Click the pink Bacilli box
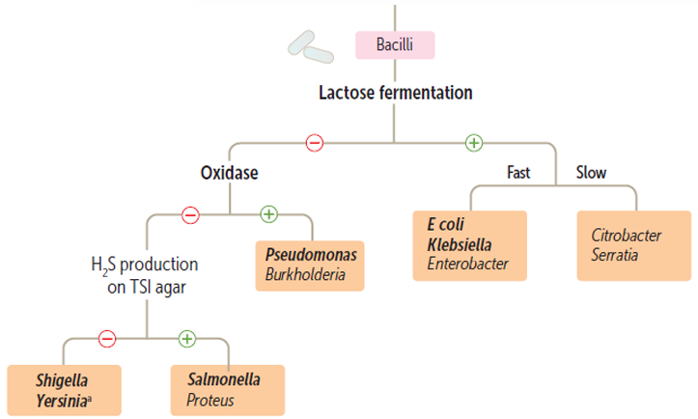[x=394, y=44]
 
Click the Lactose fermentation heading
[x=395, y=93]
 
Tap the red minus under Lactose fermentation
[x=315, y=143]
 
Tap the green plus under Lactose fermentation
[x=473, y=143]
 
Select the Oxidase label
[x=229, y=173]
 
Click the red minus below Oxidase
[x=190, y=214]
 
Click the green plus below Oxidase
[x=268, y=214]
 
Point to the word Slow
[x=591, y=173]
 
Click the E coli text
[x=442, y=224]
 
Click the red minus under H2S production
[x=107, y=338]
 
